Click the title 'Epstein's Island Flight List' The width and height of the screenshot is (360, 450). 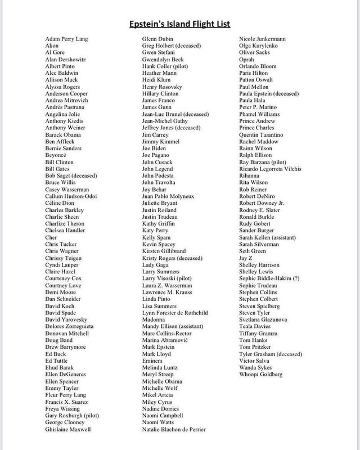click(x=179, y=25)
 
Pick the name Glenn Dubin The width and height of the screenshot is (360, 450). click(x=159, y=39)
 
